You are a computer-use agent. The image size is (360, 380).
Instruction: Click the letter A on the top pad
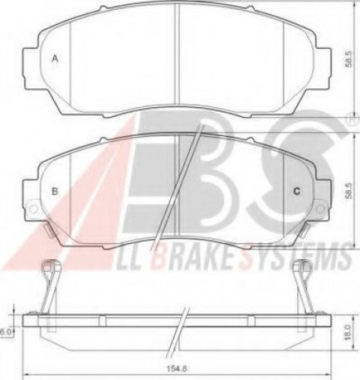coord(55,59)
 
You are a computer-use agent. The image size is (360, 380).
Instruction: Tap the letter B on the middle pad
coord(55,191)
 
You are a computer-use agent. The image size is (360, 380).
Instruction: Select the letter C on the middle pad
coord(297,192)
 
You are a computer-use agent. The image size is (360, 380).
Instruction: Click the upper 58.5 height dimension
coord(349,59)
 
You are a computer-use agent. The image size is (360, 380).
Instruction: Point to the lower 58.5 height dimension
coord(349,191)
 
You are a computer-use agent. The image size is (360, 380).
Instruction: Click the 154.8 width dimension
coord(176,369)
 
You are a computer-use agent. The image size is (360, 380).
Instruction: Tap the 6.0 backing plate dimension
coord(5,332)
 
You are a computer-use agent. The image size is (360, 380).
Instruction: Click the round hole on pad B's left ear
coord(33,209)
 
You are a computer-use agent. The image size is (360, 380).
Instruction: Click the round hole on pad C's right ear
coord(321,209)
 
